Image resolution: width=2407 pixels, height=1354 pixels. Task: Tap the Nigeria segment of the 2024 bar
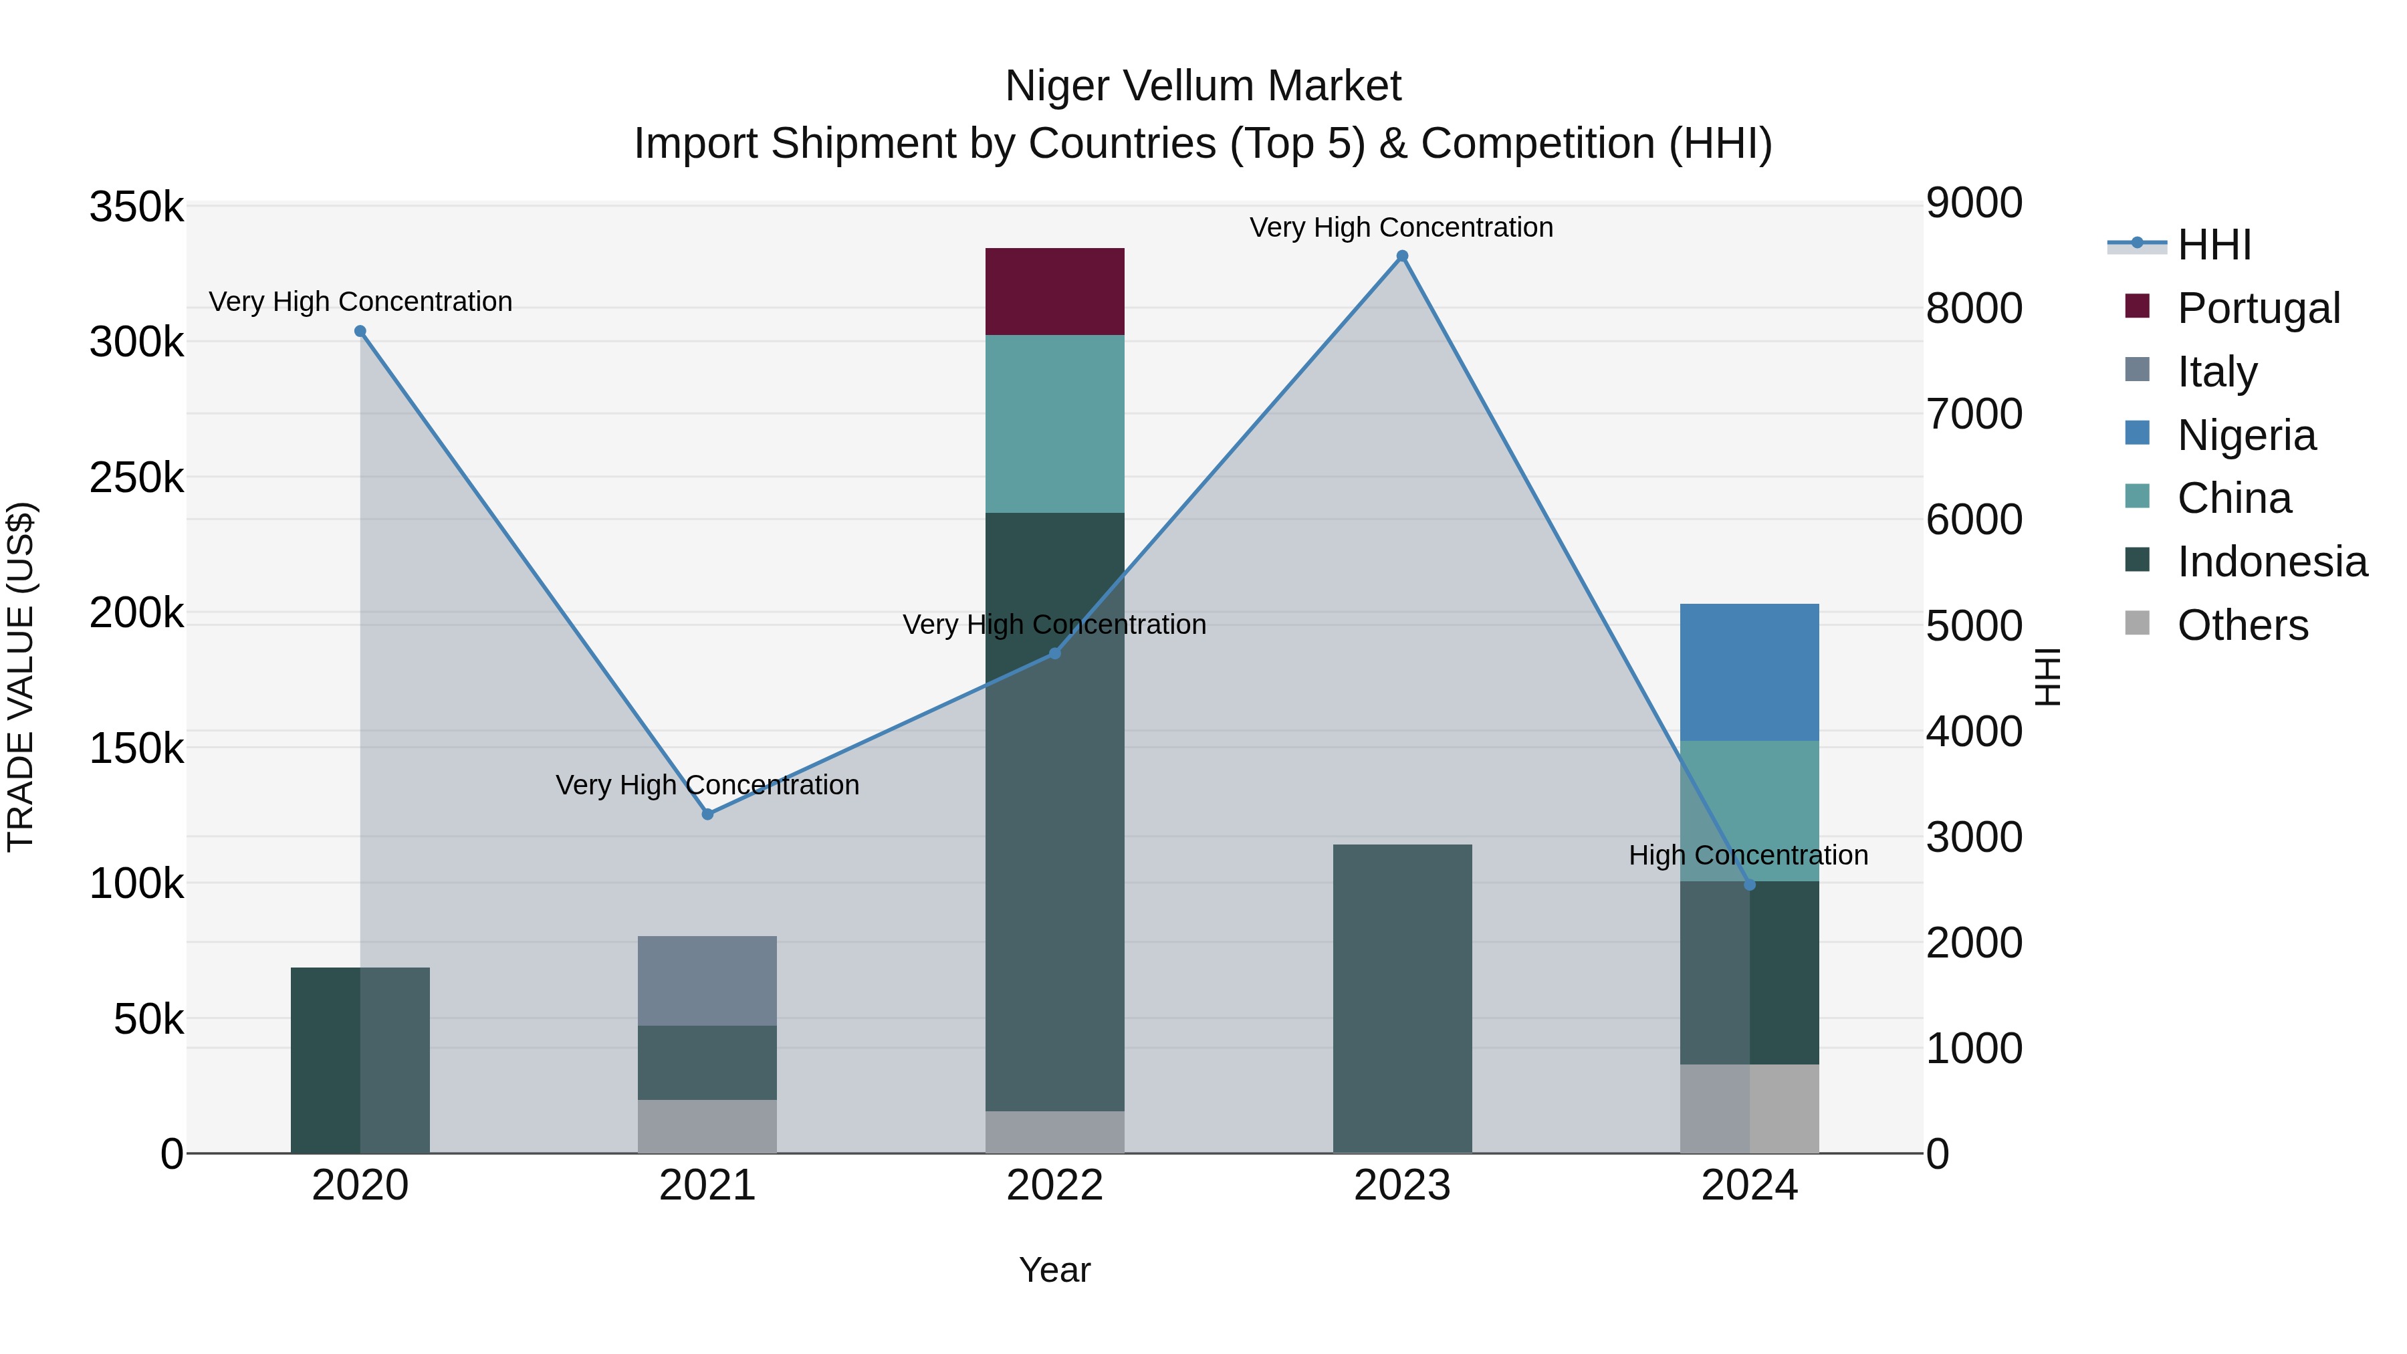pyautogui.click(x=1749, y=672)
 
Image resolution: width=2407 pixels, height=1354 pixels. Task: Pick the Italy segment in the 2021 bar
pyautogui.click(x=707, y=980)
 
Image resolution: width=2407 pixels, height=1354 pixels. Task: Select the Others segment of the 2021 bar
pyautogui.click(x=707, y=1126)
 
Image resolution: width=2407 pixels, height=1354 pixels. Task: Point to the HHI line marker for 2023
pyautogui.click(x=1401, y=256)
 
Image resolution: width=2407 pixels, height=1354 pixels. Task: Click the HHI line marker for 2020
pyautogui.click(x=360, y=332)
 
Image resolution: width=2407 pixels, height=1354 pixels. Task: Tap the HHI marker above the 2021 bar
pyautogui.click(x=707, y=814)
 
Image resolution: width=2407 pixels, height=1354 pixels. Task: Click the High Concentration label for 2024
pyautogui.click(x=1748, y=855)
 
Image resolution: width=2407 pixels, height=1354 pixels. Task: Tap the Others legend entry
pyautogui.click(x=2242, y=625)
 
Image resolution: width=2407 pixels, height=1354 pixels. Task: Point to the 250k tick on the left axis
pyautogui.click(x=136, y=479)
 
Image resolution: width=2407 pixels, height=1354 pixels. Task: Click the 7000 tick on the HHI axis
pyautogui.click(x=1974, y=414)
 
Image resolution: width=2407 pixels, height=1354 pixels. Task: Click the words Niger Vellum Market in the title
pyautogui.click(x=1203, y=86)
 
